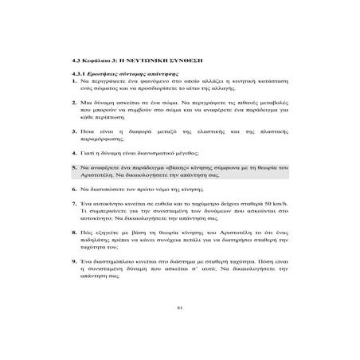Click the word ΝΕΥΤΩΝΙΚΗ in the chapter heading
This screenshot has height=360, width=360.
click(150, 60)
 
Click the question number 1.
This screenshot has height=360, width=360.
click(72, 82)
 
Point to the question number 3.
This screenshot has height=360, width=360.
click(72, 127)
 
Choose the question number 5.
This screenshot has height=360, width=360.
click(72, 169)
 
